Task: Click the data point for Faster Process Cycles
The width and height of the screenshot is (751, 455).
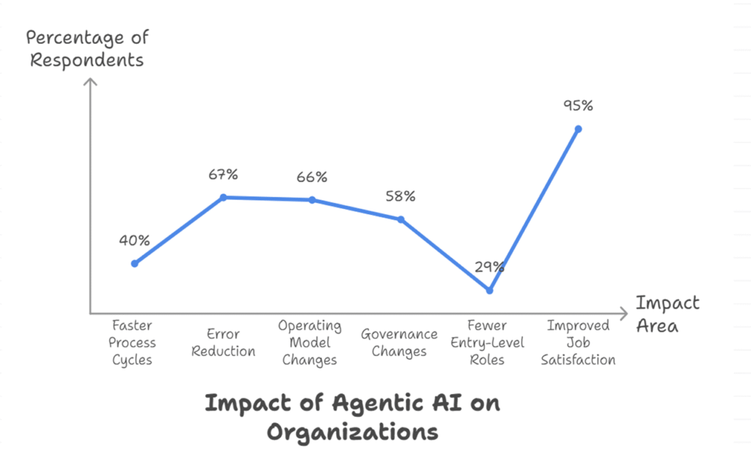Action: [135, 263]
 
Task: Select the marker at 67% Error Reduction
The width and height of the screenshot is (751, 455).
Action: [224, 197]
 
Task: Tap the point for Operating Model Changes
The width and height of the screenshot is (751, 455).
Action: [312, 200]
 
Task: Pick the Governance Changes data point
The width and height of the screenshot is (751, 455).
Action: [400, 219]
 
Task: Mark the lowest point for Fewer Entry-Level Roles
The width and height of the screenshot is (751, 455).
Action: [489, 290]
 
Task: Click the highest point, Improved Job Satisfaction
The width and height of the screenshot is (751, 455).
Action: [578, 128]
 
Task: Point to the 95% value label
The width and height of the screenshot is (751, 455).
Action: [578, 105]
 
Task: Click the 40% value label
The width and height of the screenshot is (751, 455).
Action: [135, 240]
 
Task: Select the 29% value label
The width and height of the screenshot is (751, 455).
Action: [489, 266]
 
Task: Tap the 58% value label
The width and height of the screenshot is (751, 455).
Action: [400, 196]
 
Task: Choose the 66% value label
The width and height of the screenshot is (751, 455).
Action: [312, 177]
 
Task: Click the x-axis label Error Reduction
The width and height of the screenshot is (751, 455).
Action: [224, 343]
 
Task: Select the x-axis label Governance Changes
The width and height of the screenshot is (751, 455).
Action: [399, 343]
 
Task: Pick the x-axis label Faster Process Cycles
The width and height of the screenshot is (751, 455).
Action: [133, 343]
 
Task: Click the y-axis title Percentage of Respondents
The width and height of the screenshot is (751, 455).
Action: [86, 49]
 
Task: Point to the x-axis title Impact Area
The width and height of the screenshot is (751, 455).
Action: [667, 313]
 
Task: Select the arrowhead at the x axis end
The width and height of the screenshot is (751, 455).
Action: [625, 312]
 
